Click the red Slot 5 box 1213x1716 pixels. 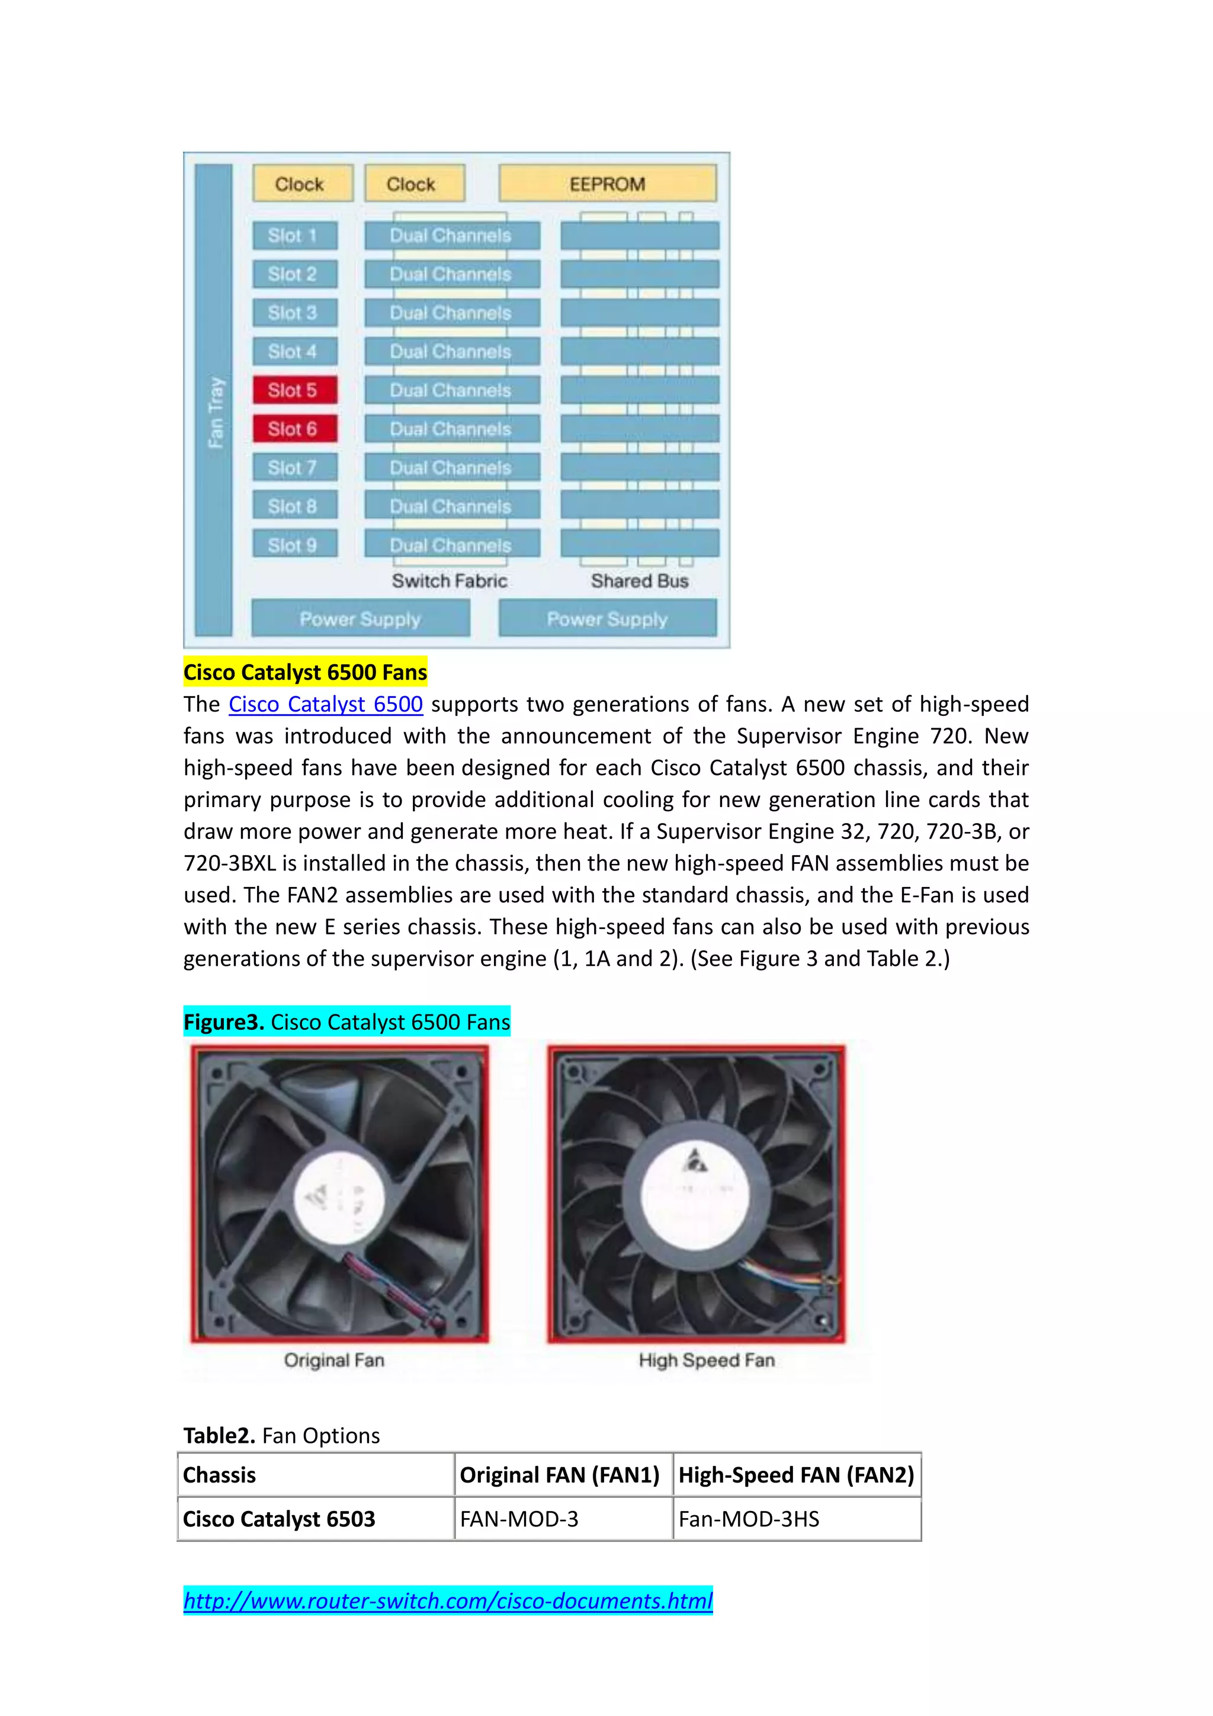(294, 390)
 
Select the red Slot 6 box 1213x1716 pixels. (294, 429)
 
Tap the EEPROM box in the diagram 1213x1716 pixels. (607, 184)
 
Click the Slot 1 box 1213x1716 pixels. (294, 235)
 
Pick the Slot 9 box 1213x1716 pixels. (294, 545)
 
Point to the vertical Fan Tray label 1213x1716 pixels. (215, 412)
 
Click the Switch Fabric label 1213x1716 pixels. (449, 581)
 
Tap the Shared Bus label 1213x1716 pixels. (639, 581)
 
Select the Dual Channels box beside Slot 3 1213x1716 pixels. (451, 313)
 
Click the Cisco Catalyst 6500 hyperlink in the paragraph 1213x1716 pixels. (325, 704)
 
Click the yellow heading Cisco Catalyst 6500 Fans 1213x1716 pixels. (305, 672)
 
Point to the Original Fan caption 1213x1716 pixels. (334, 1359)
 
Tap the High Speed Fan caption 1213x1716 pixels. (707, 1359)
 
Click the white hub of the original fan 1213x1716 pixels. (340, 1199)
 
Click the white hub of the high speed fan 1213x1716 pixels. (695, 1193)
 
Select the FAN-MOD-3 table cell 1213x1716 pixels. (519, 1519)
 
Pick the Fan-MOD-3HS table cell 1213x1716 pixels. (749, 1519)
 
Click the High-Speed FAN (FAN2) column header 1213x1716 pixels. (796, 1475)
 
